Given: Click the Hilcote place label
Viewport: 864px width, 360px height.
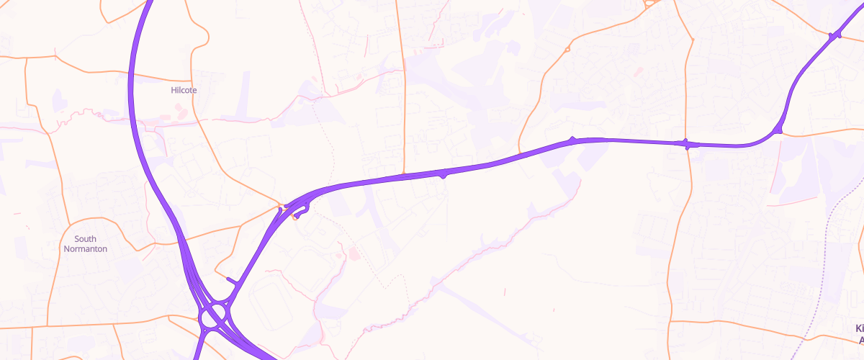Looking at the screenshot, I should click(x=184, y=90).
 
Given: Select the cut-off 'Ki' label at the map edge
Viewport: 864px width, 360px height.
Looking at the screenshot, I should click(x=859, y=333).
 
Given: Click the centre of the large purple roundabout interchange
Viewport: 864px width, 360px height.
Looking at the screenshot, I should click(x=215, y=315).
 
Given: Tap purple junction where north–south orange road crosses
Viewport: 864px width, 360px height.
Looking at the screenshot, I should click(x=688, y=144).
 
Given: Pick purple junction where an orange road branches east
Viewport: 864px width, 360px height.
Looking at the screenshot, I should click(x=778, y=130).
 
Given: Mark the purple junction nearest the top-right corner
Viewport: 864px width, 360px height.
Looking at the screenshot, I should click(x=835, y=35).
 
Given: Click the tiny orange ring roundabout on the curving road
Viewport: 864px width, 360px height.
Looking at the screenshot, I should click(x=568, y=50).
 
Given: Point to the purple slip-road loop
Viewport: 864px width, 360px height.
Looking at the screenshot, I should click(x=301, y=210).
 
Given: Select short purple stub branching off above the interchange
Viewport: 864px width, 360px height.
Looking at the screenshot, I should click(x=232, y=280).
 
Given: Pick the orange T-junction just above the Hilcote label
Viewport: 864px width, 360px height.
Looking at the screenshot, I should click(x=192, y=79).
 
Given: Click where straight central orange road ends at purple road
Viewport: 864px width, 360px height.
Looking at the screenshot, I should click(x=405, y=174).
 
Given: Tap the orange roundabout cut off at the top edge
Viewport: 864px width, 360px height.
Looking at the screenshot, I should click(x=650, y=2).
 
